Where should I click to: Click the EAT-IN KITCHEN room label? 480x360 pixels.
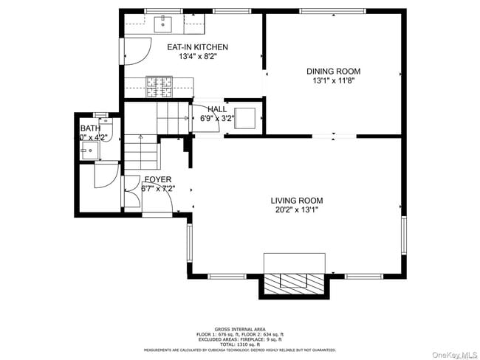coord(197,47)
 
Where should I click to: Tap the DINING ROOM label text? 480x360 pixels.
coord(333,72)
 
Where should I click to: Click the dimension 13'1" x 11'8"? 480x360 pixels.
coord(333,81)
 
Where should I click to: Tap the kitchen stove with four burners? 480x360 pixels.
coord(157,87)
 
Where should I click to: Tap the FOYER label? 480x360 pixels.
coord(158,179)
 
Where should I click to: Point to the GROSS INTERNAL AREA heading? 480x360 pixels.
coord(239,328)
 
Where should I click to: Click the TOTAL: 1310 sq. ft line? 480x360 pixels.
coord(239,344)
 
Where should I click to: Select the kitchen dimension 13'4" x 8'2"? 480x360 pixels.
coord(197,57)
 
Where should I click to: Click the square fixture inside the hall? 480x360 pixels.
coord(245,118)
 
